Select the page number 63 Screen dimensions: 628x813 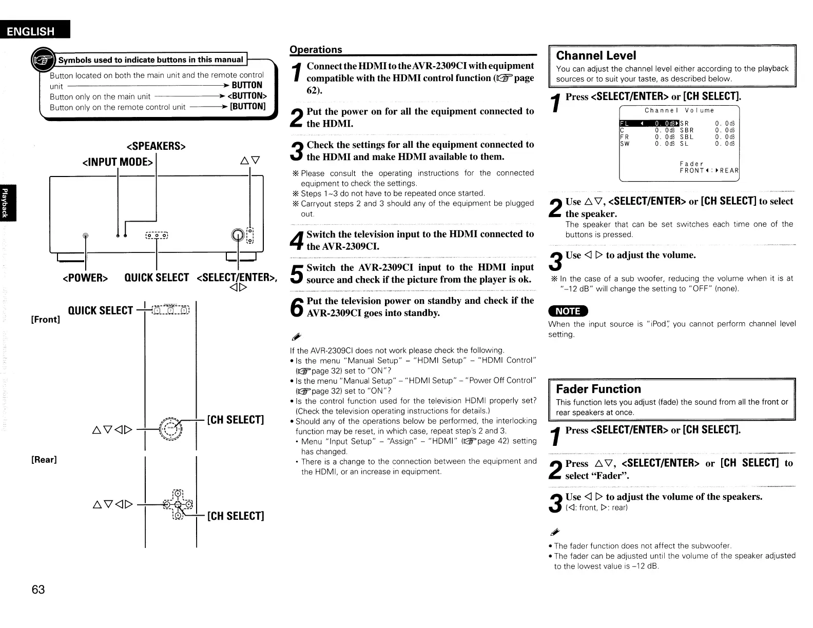tap(38, 590)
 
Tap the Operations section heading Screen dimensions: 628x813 tap(316, 49)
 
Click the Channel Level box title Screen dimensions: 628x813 tap(596, 55)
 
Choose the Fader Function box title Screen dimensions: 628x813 tap(598, 389)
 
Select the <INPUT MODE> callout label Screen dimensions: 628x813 tap(118, 162)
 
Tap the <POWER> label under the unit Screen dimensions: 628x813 tap(85, 278)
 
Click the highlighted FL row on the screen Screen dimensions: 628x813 tap(649, 123)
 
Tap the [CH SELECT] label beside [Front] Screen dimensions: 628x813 tap(235, 420)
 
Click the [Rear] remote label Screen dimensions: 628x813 tap(44, 459)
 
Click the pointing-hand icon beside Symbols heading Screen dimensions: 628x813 tap(43, 61)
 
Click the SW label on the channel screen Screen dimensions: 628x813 tap(625, 144)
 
